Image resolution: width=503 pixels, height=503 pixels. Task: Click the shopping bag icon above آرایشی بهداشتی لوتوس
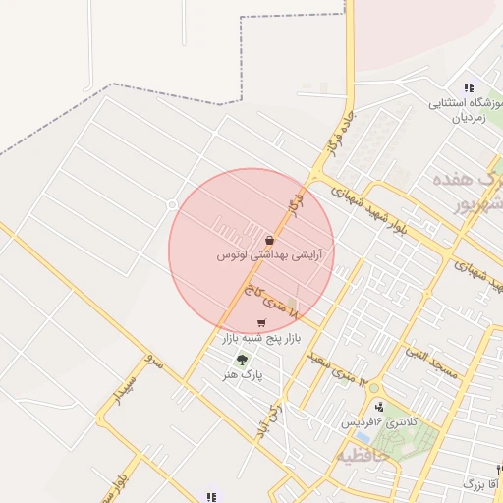click(269, 240)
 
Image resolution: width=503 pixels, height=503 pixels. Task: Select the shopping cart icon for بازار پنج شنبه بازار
click(260, 323)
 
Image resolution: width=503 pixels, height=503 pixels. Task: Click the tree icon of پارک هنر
click(242, 360)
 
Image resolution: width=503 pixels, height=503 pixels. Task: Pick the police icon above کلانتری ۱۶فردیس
click(379, 407)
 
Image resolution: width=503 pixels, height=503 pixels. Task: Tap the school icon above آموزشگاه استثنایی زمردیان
click(468, 87)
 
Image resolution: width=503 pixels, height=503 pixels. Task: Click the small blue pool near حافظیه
click(363, 436)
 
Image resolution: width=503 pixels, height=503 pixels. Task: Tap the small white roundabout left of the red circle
click(171, 204)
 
